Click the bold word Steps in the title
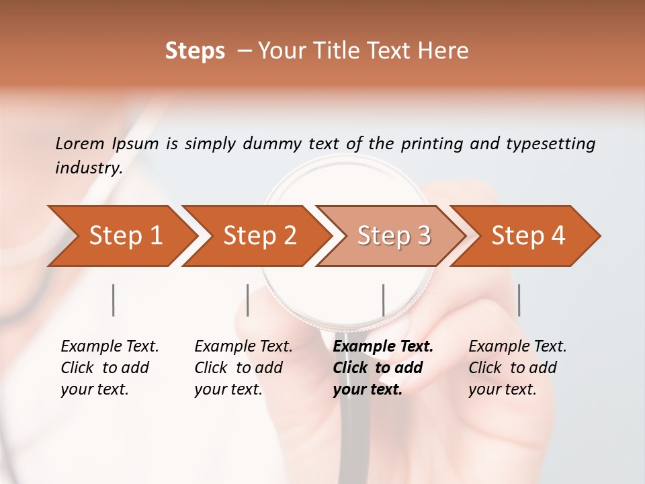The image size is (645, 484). pyautogui.click(x=195, y=50)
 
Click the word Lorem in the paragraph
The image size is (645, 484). pyautogui.click(x=80, y=143)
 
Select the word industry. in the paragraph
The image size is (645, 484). pyautogui.click(x=89, y=167)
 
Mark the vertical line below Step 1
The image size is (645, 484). pyautogui.click(x=114, y=300)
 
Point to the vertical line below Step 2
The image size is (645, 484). pyautogui.click(x=248, y=300)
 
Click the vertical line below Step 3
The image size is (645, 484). pyautogui.click(x=384, y=300)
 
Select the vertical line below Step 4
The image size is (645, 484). pyautogui.click(x=519, y=300)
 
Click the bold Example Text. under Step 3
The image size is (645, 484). pyautogui.click(x=383, y=346)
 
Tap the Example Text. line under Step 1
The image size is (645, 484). pyautogui.click(x=110, y=346)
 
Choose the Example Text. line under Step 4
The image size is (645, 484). pyautogui.click(x=517, y=346)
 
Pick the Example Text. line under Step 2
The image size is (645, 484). pyautogui.click(x=243, y=346)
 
